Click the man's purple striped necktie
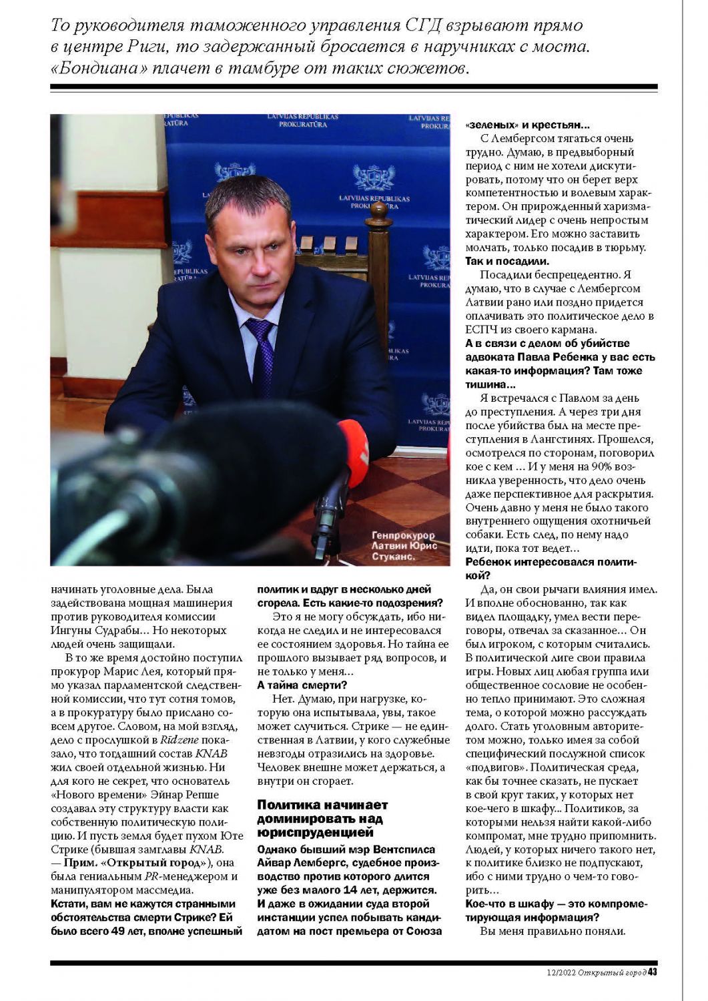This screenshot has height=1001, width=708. [262, 358]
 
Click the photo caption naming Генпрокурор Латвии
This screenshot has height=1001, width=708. [403, 545]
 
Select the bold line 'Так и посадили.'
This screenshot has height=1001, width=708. [506, 262]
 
